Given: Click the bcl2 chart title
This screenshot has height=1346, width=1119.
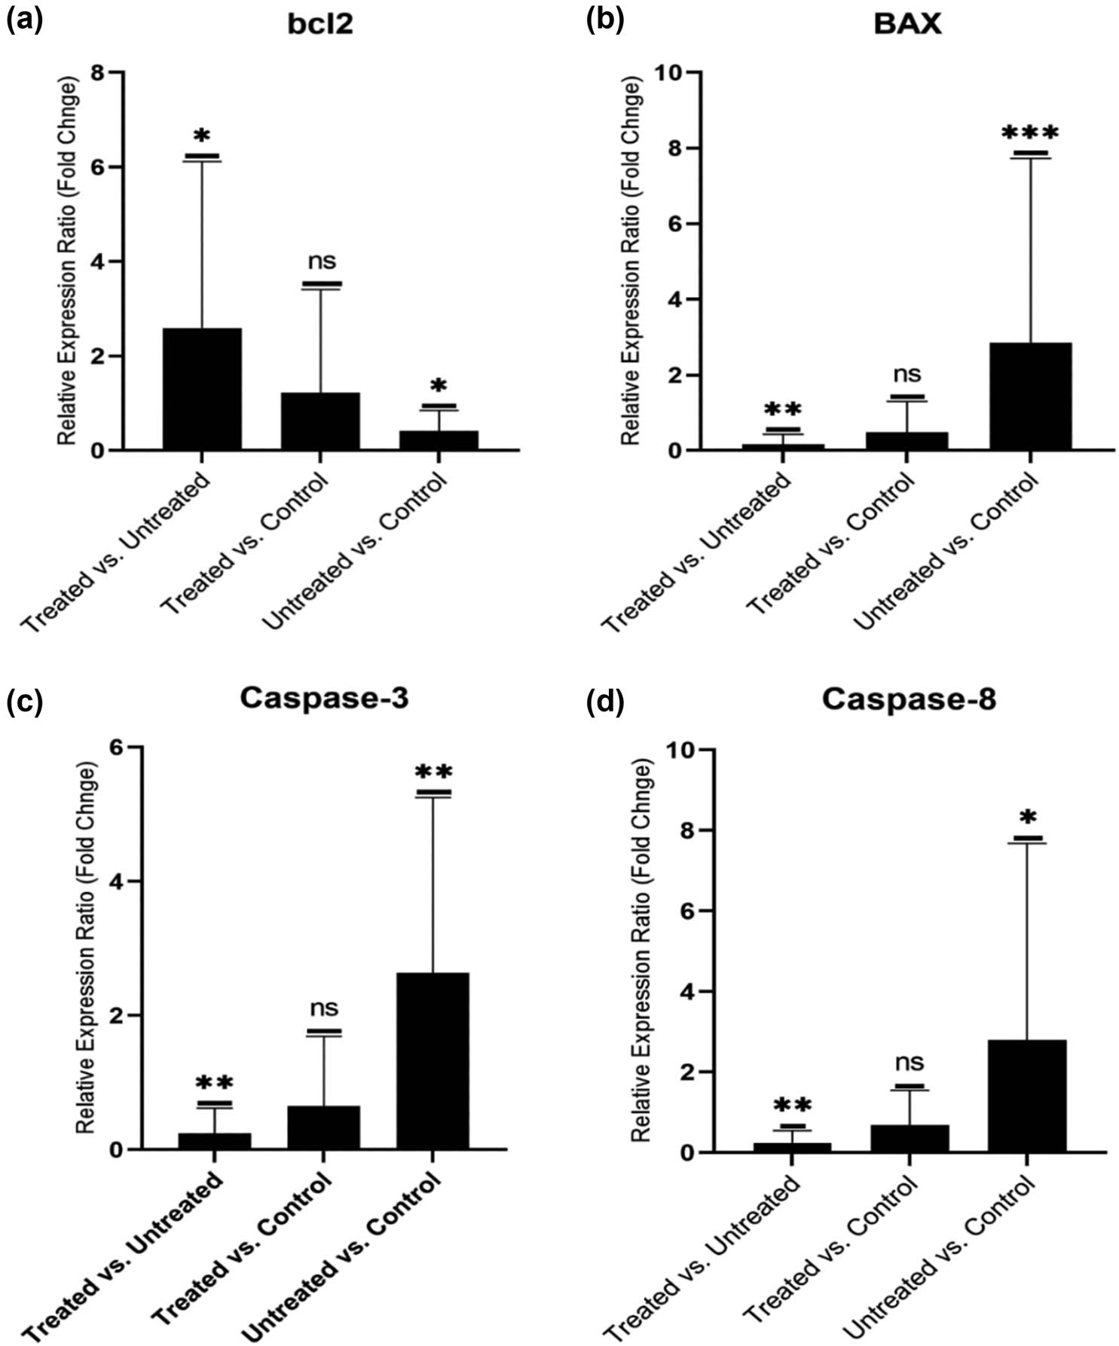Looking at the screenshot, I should (319, 24).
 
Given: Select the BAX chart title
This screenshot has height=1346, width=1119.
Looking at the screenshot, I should (907, 24).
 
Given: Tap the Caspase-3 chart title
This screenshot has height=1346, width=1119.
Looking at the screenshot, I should (324, 698).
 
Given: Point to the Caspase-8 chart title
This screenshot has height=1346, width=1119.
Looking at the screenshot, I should (909, 699).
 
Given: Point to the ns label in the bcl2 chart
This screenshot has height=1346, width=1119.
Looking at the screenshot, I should (322, 262).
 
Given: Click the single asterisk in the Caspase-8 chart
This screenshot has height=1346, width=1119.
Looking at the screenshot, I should (1028, 818).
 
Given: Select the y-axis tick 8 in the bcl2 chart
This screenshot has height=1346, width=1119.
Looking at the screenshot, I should (96, 72).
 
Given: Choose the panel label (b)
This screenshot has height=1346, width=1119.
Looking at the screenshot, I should (604, 21).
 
